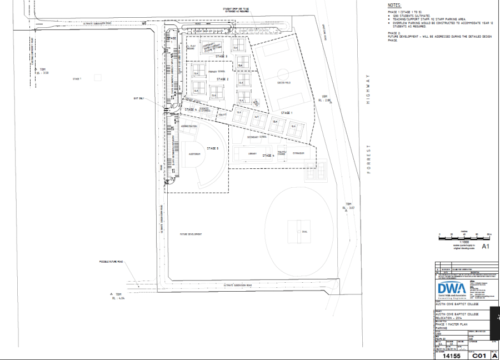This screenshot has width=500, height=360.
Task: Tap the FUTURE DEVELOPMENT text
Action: [x=190, y=234]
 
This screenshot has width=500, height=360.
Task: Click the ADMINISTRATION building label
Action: [x=189, y=127]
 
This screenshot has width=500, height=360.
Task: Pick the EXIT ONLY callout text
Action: [x=139, y=98]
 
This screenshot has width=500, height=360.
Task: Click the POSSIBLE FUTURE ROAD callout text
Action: [x=112, y=261]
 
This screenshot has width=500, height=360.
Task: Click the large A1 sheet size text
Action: [x=485, y=246]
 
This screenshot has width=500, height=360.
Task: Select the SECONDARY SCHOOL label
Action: [x=257, y=136]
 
